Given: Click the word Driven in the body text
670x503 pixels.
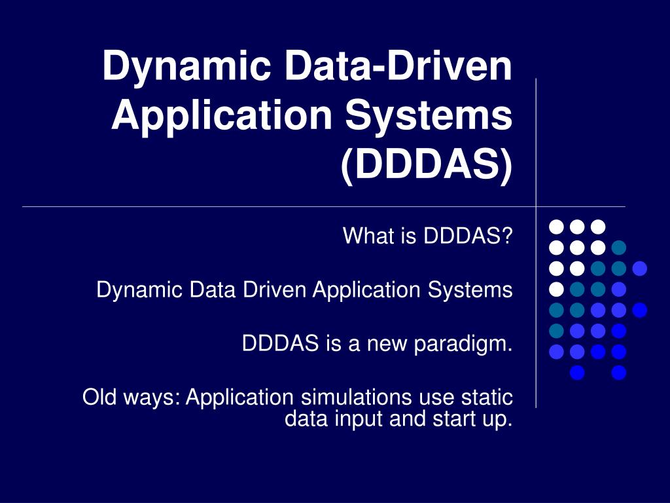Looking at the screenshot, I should [x=275, y=289].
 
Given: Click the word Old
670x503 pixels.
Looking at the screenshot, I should [x=98, y=397].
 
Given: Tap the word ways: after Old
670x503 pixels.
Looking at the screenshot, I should [x=150, y=397].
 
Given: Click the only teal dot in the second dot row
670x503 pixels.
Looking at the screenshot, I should [x=619, y=248].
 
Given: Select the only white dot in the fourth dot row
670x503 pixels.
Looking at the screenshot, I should [x=556, y=289].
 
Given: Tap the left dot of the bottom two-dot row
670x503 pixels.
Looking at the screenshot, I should [x=577, y=373].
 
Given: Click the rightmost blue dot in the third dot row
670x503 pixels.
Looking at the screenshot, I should [x=640, y=268].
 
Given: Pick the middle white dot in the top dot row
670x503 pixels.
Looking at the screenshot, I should [x=577, y=227].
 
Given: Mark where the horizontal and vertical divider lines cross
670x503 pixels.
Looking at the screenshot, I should [x=536, y=207].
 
